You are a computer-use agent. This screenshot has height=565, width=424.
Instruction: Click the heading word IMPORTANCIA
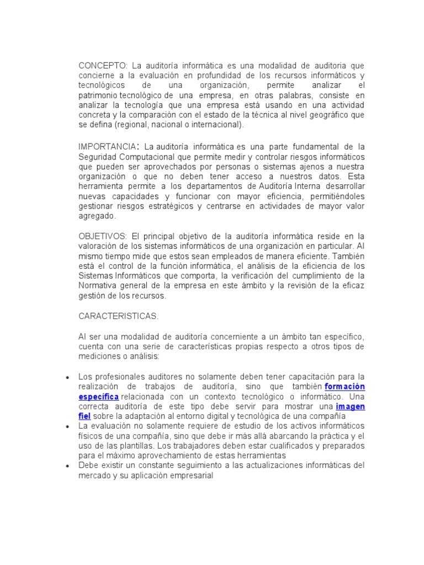[107, 146]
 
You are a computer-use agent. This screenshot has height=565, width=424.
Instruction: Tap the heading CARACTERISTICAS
[119, 316]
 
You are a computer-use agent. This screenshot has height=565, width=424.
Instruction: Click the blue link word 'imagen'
[351, 406]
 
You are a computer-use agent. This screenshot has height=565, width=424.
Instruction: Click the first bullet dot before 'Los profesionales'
[67, 377]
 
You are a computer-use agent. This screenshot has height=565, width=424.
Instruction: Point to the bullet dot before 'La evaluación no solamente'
[67, 427]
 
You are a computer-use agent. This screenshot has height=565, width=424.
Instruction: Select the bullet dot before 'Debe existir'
[67, 466]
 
